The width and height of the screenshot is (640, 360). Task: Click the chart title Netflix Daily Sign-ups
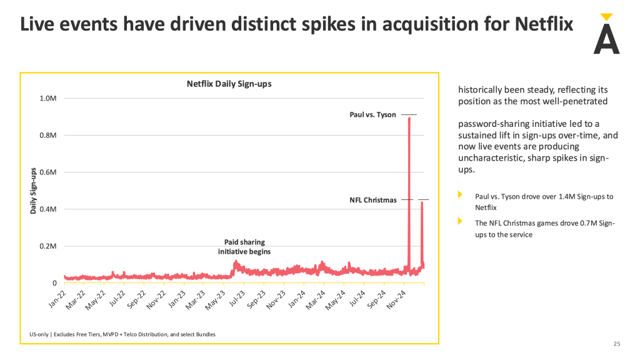(x=229, y=84)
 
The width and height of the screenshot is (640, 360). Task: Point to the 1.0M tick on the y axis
(x=49, y=99)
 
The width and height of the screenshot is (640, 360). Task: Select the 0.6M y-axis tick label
(x=49, y=172)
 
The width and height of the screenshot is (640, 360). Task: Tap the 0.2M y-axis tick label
(x=49, y=246)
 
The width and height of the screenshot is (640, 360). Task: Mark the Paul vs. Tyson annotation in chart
(x=372, y=115)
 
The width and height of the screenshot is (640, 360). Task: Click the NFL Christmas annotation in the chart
(x=373, y=200)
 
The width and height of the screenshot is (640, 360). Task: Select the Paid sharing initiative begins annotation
(x=244, y=246)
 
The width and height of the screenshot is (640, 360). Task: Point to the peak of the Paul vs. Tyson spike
(x=409, y=117)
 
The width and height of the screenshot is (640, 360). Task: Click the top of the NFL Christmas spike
(x=422, y=202)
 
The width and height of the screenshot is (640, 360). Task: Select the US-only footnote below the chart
(x=122, y=334)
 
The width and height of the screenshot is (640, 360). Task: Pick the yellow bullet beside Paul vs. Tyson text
(x=461, y=196)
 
